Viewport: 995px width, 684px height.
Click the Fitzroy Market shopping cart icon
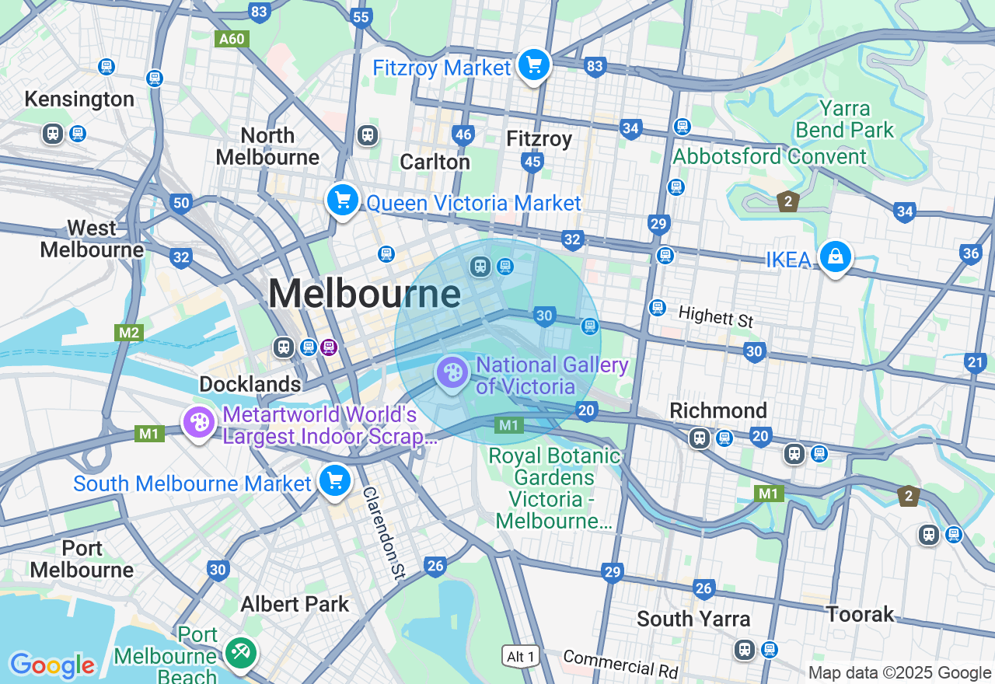(533, 65)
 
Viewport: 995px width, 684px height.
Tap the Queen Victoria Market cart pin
(342, 200)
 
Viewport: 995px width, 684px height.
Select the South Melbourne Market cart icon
(335, 480)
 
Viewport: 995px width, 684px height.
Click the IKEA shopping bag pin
(835, 256)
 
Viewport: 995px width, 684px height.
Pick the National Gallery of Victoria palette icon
(452, 373)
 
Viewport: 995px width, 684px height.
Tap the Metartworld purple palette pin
(199, 423)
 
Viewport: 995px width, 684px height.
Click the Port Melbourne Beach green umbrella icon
(239, 651)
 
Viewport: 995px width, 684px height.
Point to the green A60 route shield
(232, 39)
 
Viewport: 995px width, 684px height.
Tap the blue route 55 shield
(361, 18)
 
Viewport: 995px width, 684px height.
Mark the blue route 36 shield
(970, 253)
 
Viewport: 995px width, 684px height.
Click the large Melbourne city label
(365, 295)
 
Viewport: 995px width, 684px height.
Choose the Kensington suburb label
(79, 99)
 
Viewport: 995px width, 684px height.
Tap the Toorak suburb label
(860, 614)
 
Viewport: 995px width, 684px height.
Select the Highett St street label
(716, 316)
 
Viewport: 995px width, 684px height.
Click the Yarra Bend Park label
(845, 119)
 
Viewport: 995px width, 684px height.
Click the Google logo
(52, 665)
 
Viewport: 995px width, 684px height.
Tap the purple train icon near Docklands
(329, 347)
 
